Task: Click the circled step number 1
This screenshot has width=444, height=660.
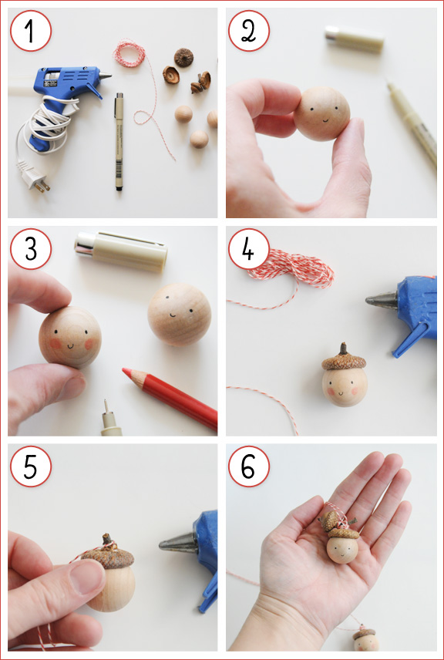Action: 31,31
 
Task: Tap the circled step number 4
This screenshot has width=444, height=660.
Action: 249,248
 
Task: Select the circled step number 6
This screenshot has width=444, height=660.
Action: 249,466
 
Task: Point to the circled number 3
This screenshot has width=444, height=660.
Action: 31,248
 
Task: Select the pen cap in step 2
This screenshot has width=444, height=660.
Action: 353,39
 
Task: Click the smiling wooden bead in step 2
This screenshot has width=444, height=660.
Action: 322,113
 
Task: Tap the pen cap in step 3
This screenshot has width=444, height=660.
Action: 121,251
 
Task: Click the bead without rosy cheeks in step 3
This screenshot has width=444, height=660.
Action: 179,314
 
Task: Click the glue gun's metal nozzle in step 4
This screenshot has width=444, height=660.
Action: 382,300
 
